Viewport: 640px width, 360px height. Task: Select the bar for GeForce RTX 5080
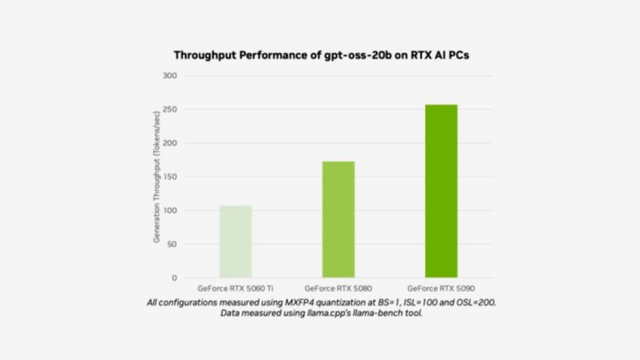tap(338, 219)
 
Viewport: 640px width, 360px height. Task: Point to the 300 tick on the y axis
tap(171, 76)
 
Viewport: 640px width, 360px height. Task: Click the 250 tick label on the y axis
tap(171, 110)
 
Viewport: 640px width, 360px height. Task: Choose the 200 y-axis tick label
tap(171, 143)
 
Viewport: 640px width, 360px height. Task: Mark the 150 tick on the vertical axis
tap(171, 177)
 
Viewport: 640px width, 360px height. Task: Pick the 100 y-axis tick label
tap(171, 211)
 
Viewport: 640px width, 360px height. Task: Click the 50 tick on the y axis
tap(172, 244)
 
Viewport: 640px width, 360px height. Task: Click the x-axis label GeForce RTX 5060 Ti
tap(236, 288)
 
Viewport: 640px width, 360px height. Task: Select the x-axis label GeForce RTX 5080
tap(339, 288)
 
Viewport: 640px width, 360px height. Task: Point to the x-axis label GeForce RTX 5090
tap(441, 288)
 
